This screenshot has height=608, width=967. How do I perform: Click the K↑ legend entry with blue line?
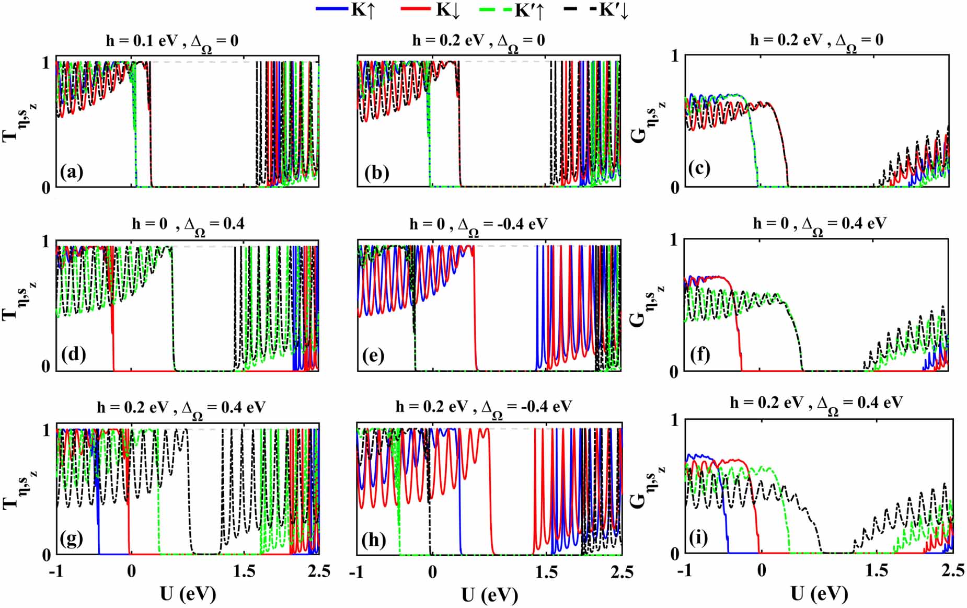pyautogui.click(x=346, y=10)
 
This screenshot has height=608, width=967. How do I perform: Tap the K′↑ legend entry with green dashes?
pyautogui.click(x=512, y=10)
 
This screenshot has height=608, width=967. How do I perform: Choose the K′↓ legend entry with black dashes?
pyautogui.click(x=596, y=10)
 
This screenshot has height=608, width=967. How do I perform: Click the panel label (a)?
pyautogui.click(x=72, y=171)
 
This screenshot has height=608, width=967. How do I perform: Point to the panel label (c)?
pyautogui.click(x=699, y=169)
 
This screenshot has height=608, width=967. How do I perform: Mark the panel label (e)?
pyautogui.click(x=373, y=355)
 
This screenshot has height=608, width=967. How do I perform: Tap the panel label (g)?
pyautogui.click(x=72, y=538)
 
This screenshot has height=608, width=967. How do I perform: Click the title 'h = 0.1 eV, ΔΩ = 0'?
pyautogui.click(x=172, y=42)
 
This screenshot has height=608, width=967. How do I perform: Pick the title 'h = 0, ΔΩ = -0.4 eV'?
pyautogui.click(x=478, y=226)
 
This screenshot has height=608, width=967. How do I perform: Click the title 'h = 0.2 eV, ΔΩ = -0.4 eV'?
pyautogui.click(x=483, y=408)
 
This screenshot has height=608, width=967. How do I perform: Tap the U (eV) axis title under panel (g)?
pyautogui.click(x=188, y=594)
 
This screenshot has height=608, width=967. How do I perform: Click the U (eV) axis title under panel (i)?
pyautogui.click(x=819, y=594)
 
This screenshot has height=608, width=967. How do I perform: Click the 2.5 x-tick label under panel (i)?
pyautogui.click(x=953, y=570)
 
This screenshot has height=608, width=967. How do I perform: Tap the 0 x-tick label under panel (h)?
pyautogui.click(x=432, y=572)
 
